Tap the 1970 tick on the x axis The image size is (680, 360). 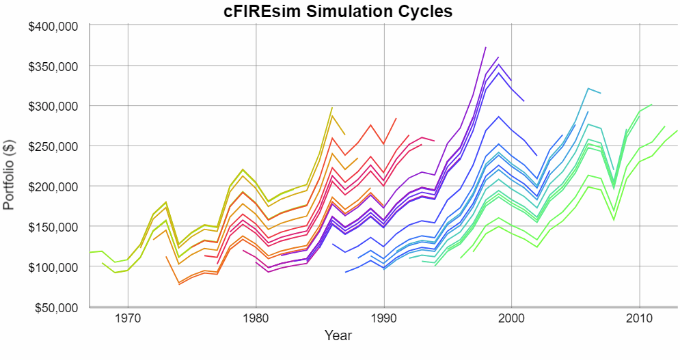128,318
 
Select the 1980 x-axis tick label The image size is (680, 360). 256,318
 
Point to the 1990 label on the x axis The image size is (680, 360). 383,318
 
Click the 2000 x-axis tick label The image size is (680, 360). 511,318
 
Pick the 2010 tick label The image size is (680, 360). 639,318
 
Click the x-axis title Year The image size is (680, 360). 338,336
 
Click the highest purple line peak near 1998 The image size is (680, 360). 485,48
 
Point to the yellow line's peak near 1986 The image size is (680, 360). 332,108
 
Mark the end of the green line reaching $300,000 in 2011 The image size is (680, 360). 652,105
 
